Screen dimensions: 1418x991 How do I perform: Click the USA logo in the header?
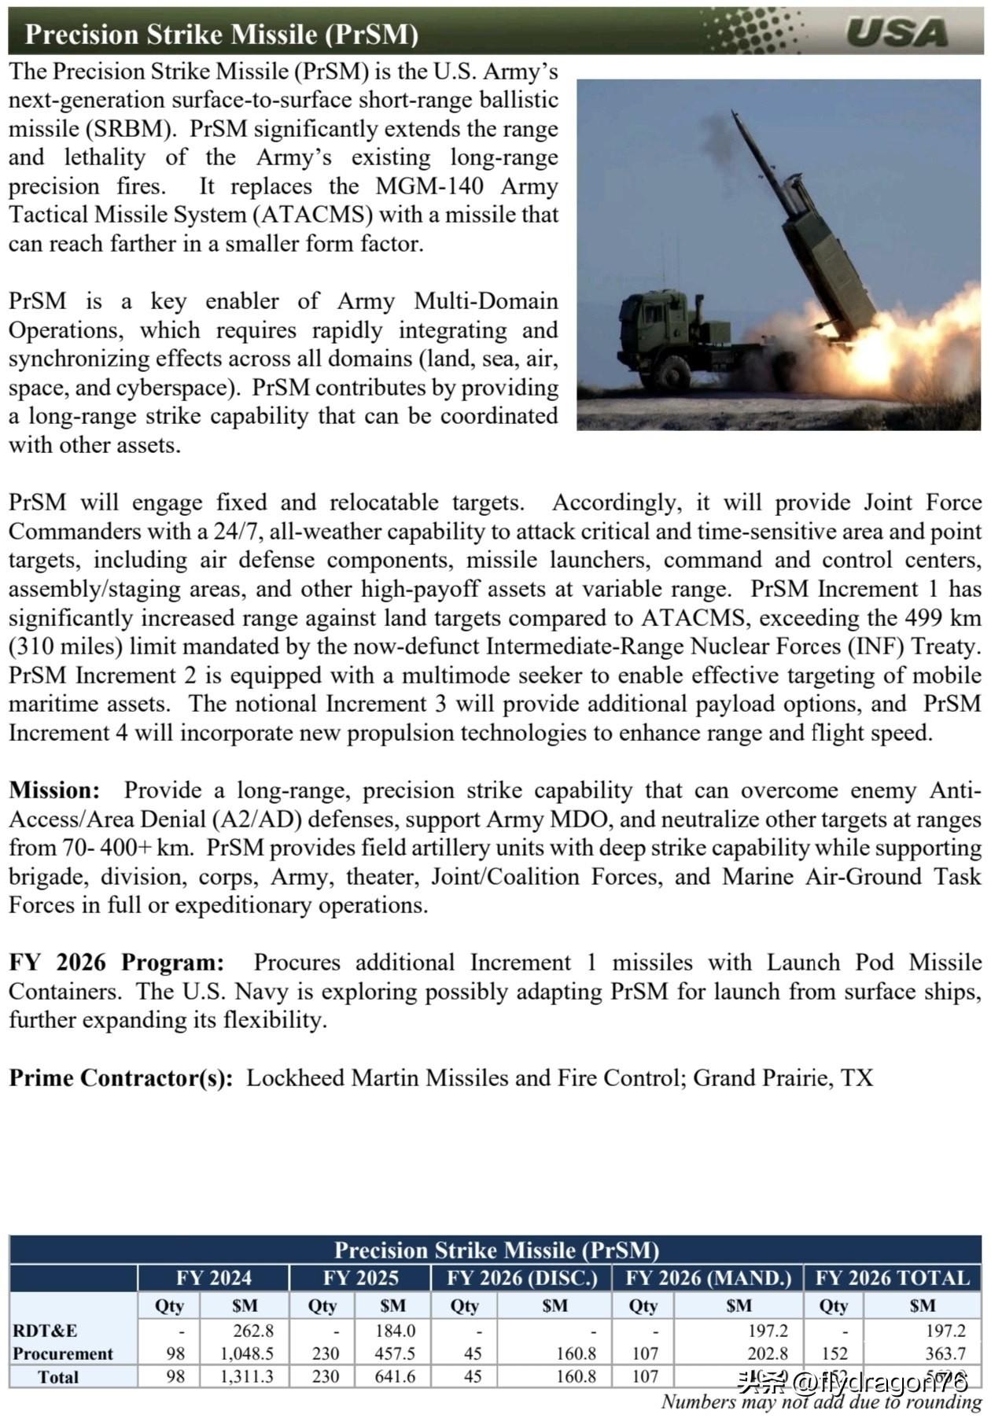point(897,32)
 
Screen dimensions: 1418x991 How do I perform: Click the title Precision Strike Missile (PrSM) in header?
point(221,34)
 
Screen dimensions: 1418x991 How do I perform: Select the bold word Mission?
point(54,790)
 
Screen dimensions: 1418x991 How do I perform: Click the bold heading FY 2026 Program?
point(116,963)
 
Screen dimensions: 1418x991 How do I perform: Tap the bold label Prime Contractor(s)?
point(120,1077)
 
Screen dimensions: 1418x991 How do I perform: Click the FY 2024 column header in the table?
point(213,1278)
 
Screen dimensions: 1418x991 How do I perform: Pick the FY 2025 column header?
point(360,1278)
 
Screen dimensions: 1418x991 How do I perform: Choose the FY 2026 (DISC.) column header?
point(522,1278)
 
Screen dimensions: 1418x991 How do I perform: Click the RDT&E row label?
point(45,1331)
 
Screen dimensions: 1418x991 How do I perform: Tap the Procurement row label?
point(63,1354)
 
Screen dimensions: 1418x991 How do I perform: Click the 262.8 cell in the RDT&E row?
point(253,1331)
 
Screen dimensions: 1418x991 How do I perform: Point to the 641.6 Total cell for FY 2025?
point(395,1377)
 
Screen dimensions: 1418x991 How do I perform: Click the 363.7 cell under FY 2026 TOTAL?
point(945,1354)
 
